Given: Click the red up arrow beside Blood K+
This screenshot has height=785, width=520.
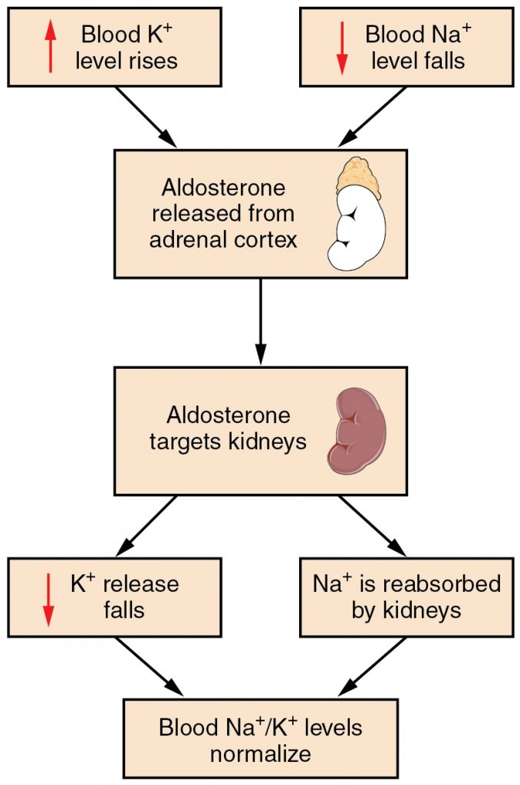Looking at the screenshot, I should coord(51,47).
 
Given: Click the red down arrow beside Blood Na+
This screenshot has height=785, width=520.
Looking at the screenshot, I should coord(342,47).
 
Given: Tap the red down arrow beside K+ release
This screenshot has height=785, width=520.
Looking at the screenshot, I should coord(48,597).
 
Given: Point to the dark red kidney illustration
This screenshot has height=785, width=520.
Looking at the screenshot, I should coord(357,430).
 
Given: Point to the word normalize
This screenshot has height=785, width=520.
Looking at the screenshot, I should coord(261,753).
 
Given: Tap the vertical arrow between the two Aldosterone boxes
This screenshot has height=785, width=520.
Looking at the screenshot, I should coord(261,321).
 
